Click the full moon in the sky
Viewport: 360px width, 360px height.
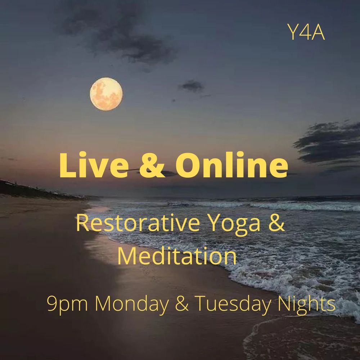tap(106, 94)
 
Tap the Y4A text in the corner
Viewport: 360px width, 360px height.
tap(306, 32)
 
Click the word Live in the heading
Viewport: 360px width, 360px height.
tap(94, 165)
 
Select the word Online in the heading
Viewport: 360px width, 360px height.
tap(231, 165)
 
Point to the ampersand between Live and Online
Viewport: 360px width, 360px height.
tap(152, 165)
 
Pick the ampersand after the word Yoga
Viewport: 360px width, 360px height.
tap(276, 224)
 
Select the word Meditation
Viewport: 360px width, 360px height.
tap(177, 256)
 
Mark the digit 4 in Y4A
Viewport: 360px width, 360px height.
tap(306, 33)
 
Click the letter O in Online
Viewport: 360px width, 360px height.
tap(189, 165)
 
